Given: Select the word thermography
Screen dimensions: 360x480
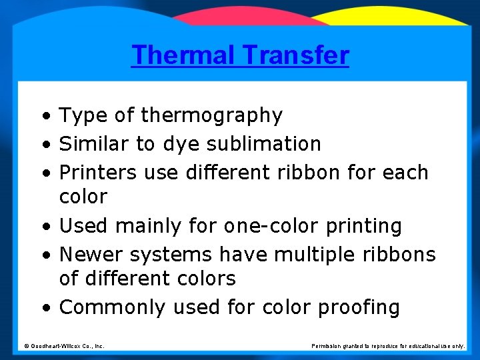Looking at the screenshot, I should [x=211, y=116].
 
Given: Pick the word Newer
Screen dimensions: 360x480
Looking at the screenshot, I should [x=91, y=255].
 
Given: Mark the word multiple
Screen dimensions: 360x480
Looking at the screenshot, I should [x=321, y=255].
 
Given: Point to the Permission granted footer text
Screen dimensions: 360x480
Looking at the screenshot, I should [x=388, y=346].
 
